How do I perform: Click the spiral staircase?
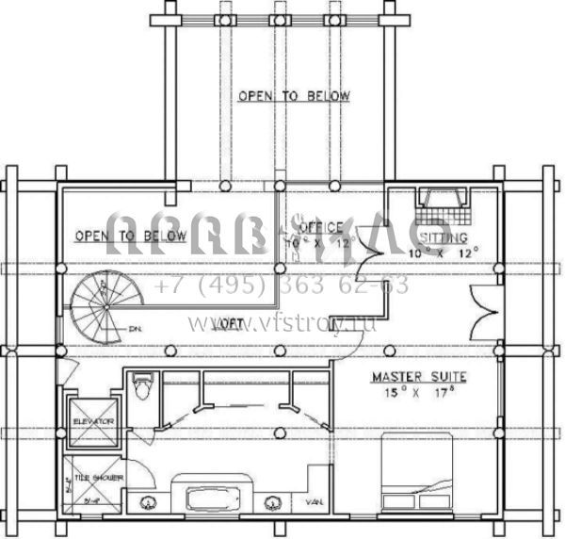click(101, 306)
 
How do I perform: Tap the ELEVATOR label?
click(93, 420)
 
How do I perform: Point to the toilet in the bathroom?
click(142, 386)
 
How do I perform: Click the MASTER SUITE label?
click(418, 377)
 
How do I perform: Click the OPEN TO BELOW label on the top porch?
click(294, 96)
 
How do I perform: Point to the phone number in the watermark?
click(281, 285)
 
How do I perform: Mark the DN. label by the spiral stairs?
click(136, 328)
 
